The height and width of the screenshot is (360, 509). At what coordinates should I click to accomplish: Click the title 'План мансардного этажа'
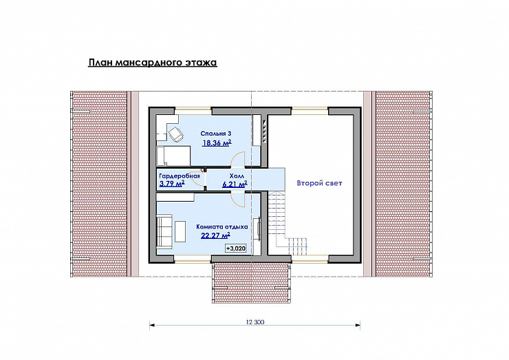coord(153,63)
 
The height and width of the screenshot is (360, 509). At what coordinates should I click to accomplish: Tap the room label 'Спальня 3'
coord(216,134)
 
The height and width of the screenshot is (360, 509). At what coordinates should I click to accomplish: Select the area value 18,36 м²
coord(217,143)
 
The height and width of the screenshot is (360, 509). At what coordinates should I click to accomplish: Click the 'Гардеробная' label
coord(180,176)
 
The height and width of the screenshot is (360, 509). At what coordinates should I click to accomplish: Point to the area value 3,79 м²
coord(172,184)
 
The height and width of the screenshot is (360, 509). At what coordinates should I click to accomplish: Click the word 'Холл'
coord(237,176)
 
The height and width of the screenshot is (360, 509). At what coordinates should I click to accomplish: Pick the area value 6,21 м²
coord(235,184)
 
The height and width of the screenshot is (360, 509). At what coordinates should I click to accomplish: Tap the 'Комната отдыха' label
coord(222,226)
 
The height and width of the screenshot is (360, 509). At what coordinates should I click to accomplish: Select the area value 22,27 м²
coord(215,235)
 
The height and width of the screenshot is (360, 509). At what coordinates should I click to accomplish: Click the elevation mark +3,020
coord(236,248)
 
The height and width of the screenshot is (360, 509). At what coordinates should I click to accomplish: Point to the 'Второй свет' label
coord(319,183)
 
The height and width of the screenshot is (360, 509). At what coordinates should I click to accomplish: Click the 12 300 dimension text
coord(255,322)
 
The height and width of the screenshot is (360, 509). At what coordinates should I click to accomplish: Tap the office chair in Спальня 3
coord(175,134)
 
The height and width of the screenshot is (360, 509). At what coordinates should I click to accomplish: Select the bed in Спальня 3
coord(173,156)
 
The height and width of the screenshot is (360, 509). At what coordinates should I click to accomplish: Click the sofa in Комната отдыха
coord(164,231)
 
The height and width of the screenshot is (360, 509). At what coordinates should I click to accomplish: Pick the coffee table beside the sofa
coord(180,231)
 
